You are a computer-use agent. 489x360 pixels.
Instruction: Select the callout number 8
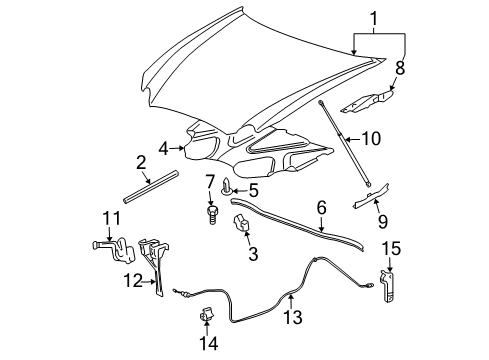coord(400,70)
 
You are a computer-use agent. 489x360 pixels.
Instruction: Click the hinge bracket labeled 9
coord(368,201)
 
